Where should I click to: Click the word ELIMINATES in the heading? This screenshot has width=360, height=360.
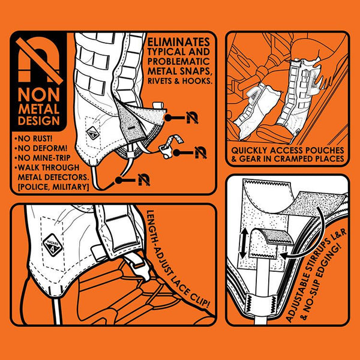[x=179, y=42]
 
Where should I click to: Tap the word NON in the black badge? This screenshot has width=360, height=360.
[x=39, y=95]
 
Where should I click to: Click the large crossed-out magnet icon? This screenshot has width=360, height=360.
[x=39, y=61]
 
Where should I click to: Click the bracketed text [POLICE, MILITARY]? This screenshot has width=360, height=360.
[x=53, y=187]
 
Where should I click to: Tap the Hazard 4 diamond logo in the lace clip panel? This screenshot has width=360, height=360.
[x=53, y=245]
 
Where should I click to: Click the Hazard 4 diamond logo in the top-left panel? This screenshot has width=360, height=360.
[x=93, y=133]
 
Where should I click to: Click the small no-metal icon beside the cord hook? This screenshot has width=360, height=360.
[x=200, y=152]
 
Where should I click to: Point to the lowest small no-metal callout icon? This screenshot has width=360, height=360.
[x=144, y=180]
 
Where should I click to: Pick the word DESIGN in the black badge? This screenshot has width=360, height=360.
[x=39, y=121]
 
